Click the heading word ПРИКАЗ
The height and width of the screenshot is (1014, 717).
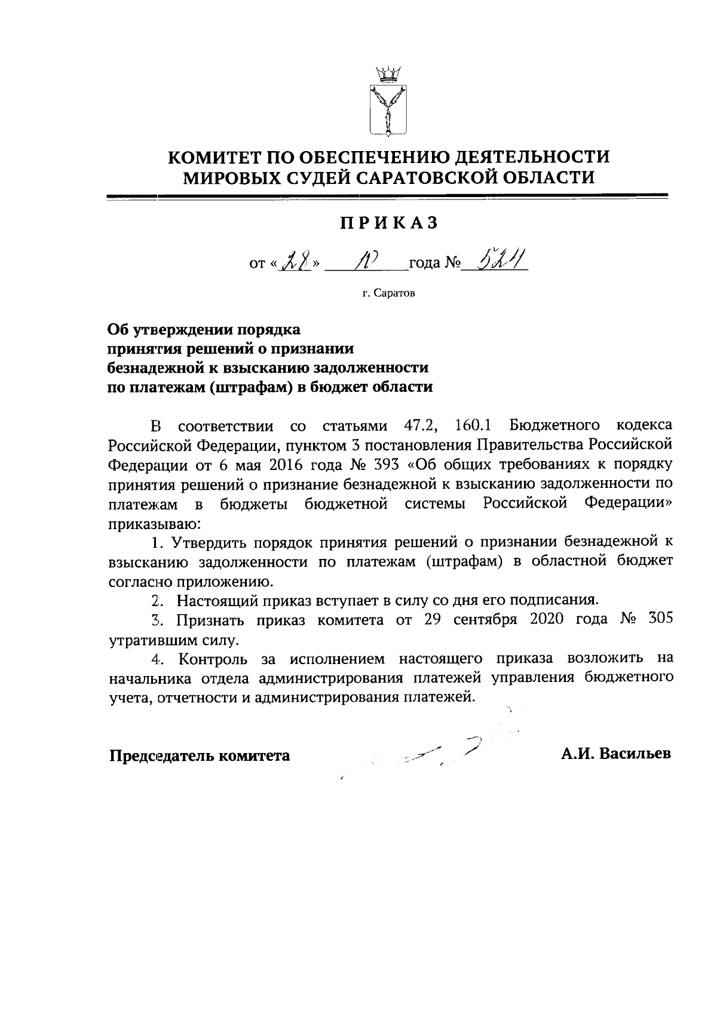coord(389,223)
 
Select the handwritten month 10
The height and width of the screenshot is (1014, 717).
coord(366,260)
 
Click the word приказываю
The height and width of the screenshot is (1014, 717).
coord(154,524)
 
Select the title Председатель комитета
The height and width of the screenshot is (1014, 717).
coord(200,755)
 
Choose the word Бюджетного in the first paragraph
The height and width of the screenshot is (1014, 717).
coord(556,426)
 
